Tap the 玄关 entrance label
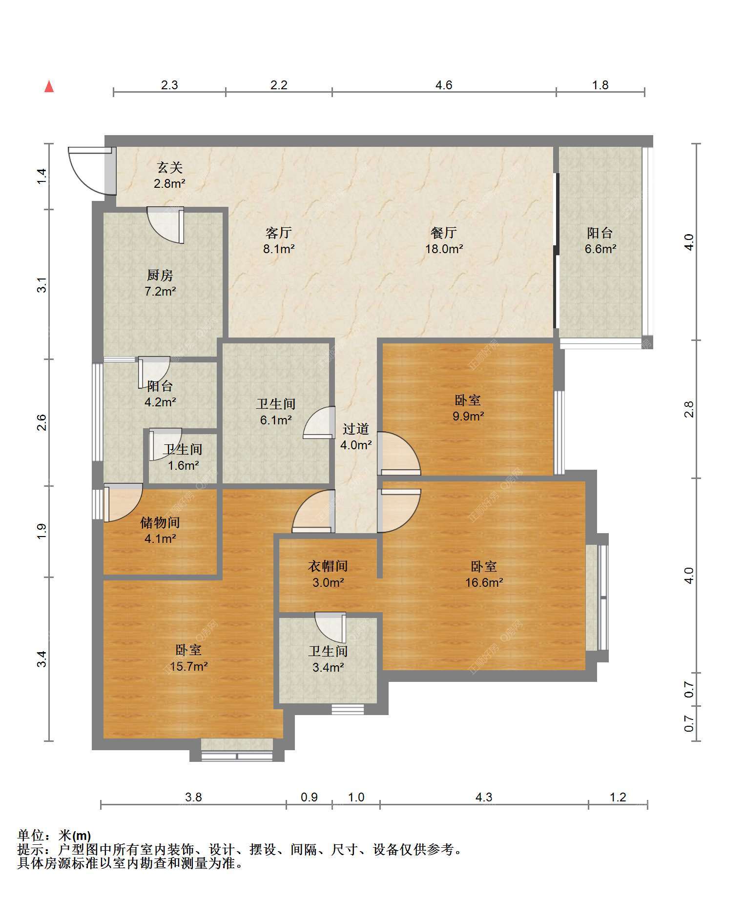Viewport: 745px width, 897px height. click(170, 168)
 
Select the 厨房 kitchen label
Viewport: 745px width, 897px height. click(160, 276)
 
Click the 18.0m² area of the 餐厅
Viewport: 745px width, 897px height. click(444, 249)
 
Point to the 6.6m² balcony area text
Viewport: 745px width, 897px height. click(600, 249)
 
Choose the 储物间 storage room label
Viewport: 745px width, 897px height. click(160, 522)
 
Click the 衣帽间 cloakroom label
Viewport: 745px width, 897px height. click(328, 566)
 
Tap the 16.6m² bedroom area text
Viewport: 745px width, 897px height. click(484, 582)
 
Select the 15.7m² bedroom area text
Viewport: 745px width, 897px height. click(188, 666)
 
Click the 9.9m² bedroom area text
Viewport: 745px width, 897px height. click(468, 416)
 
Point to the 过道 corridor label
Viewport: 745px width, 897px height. click(355, 429)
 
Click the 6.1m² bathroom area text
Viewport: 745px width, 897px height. click(276, 420)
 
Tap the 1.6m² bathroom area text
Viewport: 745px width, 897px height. click(183, 465)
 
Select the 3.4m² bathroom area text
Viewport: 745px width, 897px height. click(328, 667)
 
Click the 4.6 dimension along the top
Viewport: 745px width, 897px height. click(444, 85)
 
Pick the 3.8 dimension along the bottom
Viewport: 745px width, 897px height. click(193, 797)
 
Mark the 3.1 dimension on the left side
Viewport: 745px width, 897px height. click(42, 285)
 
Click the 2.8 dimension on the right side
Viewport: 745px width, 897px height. click(689, 409)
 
